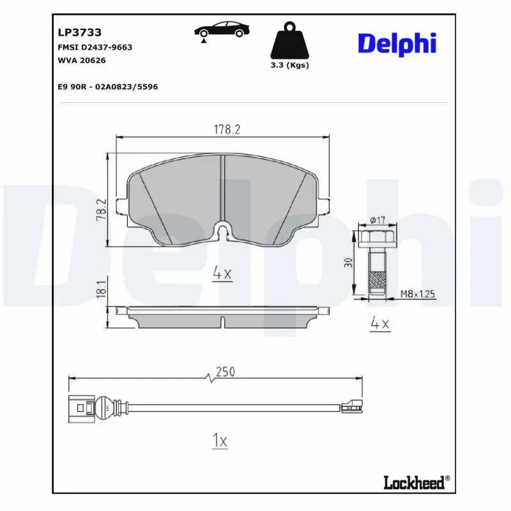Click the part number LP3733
80,32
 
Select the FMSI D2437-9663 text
95,47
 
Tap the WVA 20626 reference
82,60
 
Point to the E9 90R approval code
107,86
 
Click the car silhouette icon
222,30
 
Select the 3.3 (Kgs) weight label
290,65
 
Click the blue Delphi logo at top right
397,43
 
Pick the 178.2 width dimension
226,130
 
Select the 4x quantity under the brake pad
222,273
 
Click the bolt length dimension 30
349,263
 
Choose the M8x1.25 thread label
417,294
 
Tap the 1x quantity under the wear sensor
219,440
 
